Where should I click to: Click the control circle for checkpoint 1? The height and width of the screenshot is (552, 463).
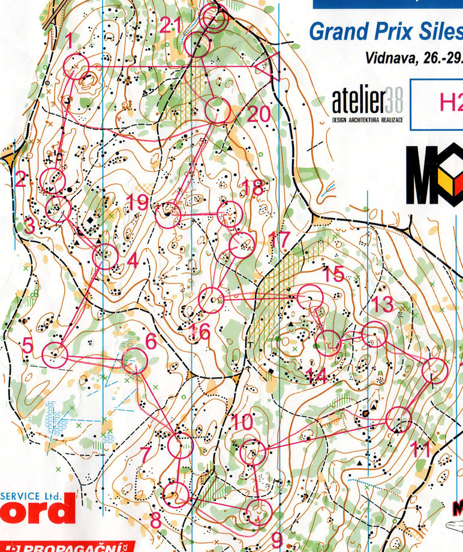coord(76,65)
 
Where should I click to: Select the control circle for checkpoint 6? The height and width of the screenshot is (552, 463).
coord(134,360)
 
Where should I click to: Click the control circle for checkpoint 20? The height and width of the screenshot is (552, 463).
coord(217,111)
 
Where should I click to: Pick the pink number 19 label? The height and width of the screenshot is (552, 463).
coord(138,202)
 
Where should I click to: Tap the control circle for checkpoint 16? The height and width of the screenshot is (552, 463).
coord(211,300)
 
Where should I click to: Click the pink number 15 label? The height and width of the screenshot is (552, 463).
coord(334,274)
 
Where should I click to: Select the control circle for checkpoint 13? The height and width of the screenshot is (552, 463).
coord(374,334)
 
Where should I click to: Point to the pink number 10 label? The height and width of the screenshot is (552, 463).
coord(242,422)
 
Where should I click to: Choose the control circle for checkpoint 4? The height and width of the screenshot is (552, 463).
coord(106,257)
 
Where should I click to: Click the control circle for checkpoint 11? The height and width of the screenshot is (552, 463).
coord(399,419)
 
